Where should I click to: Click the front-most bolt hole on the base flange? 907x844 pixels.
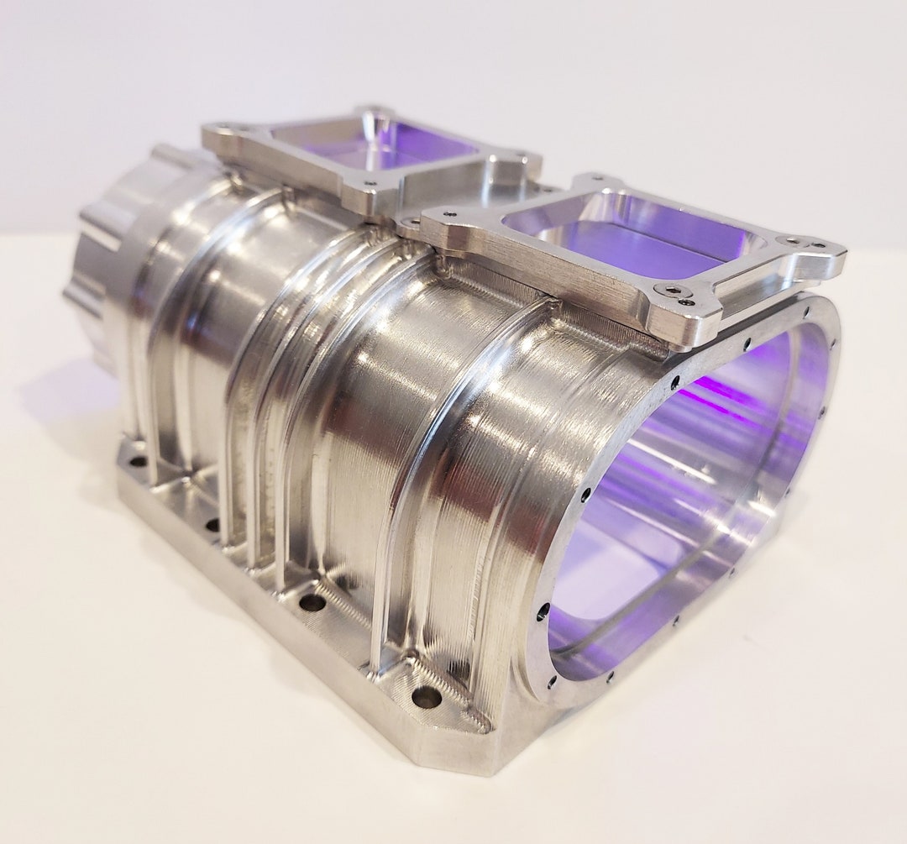427,696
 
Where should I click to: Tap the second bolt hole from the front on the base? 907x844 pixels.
312,601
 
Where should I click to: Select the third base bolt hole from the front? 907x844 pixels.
213,525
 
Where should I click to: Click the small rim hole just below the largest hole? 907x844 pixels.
552,680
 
